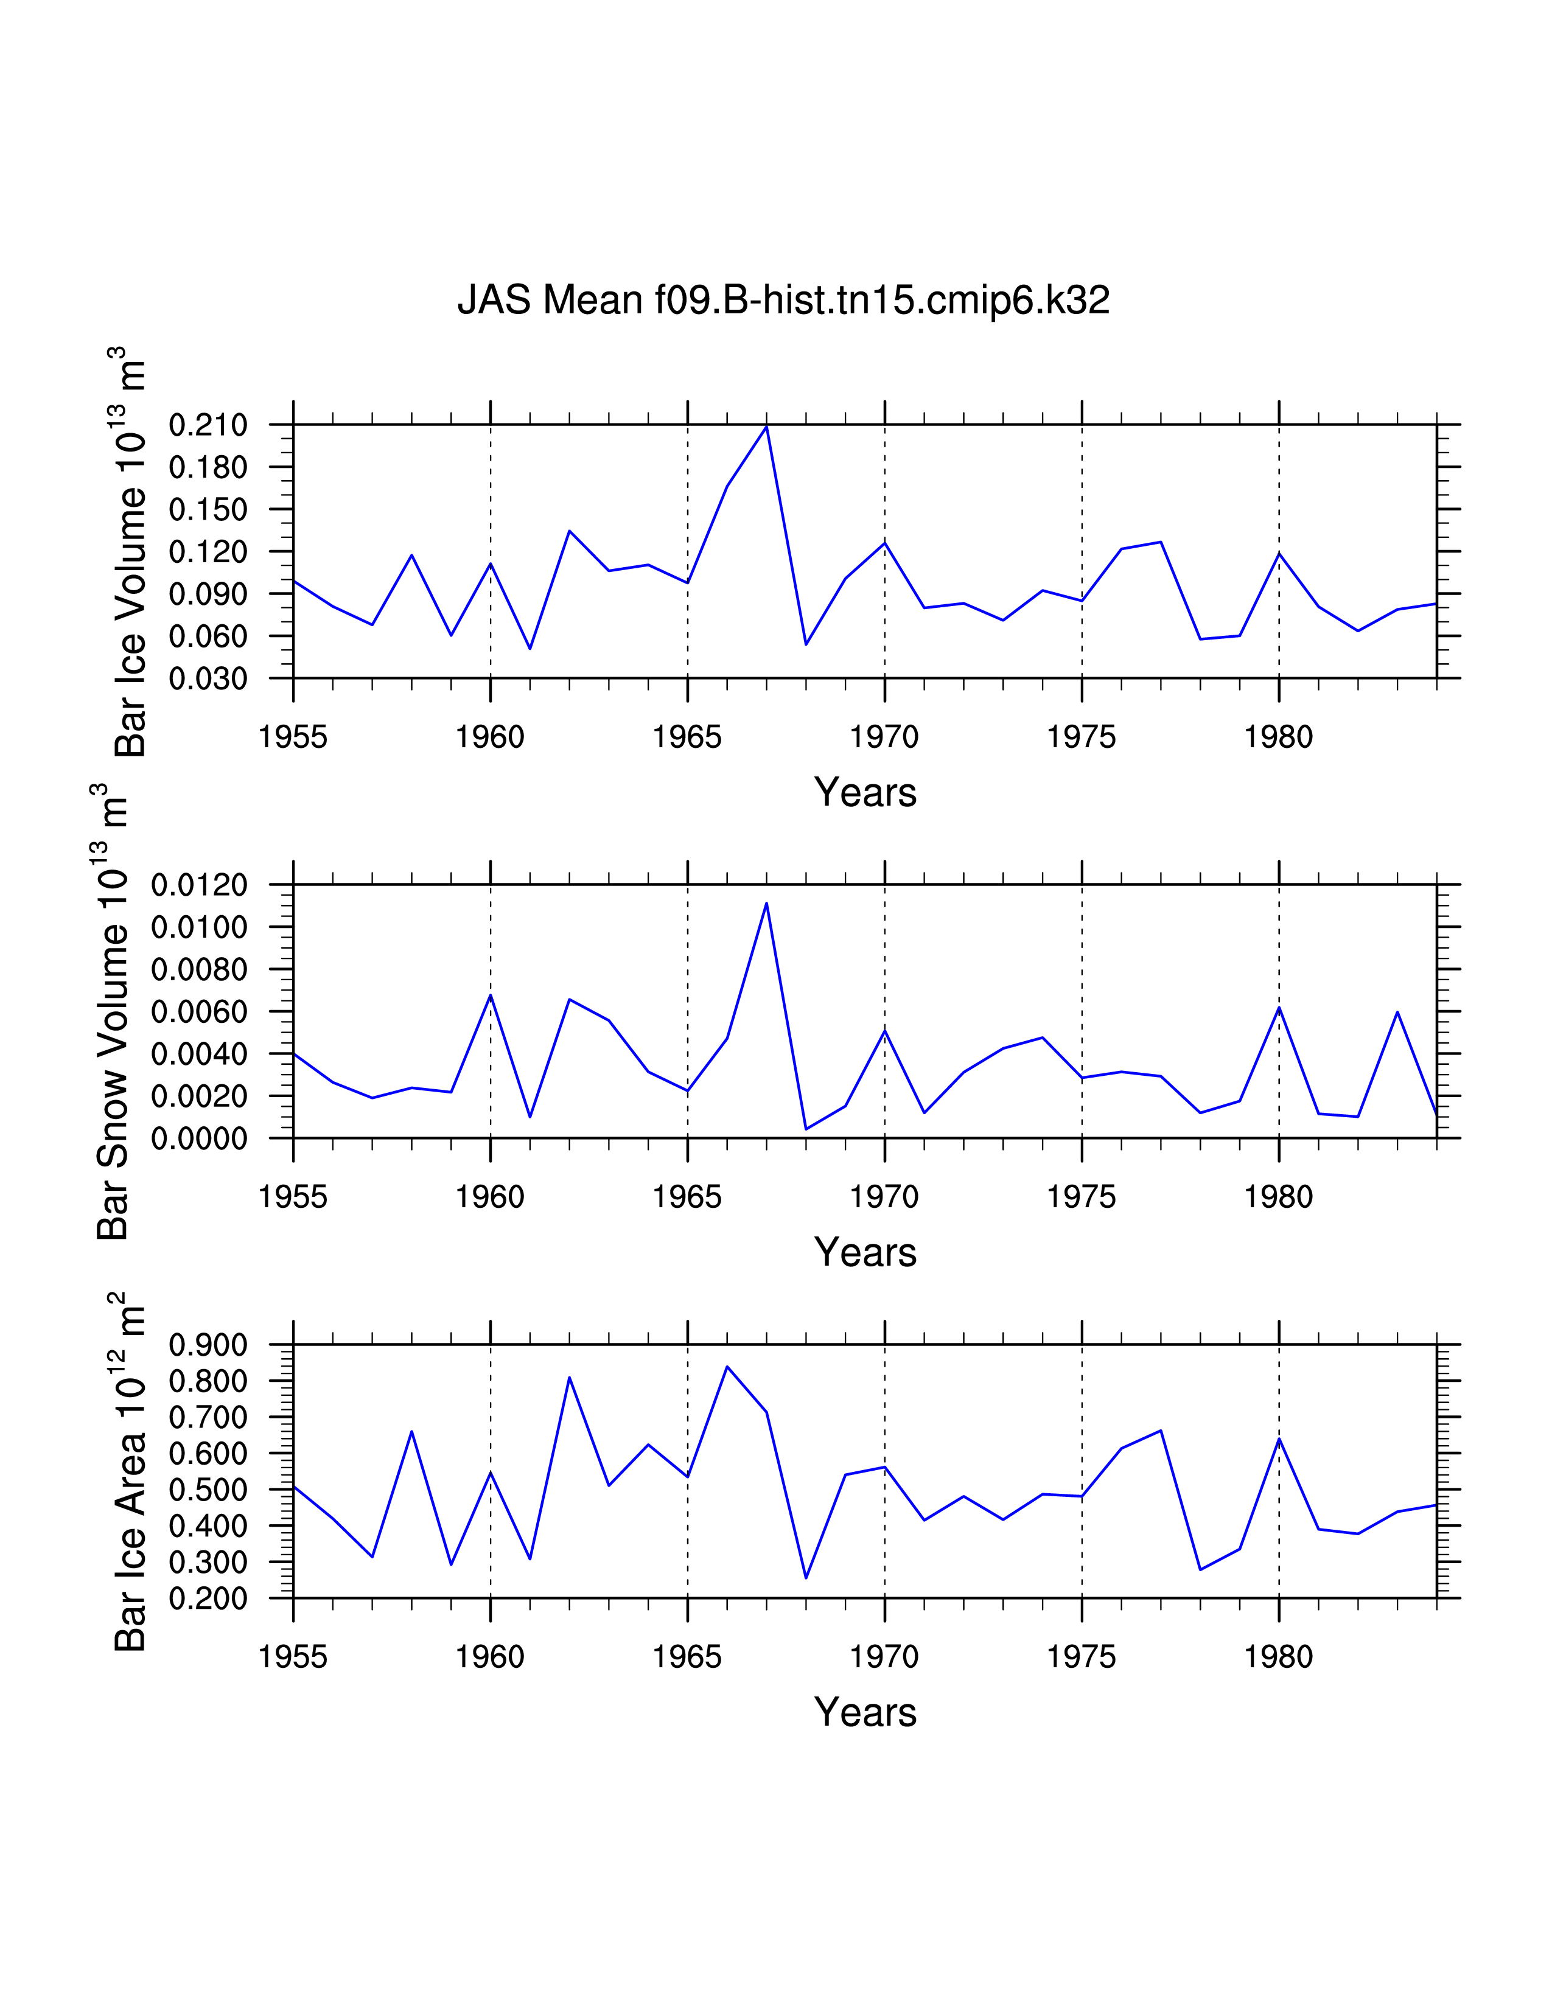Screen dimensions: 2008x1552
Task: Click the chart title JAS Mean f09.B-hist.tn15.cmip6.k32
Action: point(783,301)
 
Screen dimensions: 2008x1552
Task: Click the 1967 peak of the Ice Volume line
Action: point(766,427)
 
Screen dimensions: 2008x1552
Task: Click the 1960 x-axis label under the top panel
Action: point(490,737)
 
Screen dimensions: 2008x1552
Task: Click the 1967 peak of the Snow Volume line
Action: point(766,903)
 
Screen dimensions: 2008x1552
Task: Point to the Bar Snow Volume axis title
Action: point(112,1011)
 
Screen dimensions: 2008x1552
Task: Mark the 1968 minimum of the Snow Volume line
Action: point(805,1128)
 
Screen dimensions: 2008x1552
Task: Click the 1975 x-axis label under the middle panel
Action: point(1082,1197)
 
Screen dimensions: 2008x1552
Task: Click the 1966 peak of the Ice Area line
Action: point(726,1366)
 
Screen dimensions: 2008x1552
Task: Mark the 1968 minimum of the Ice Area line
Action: point(805,1578)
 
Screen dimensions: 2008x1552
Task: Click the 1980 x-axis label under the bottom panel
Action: point(1278,1657)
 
